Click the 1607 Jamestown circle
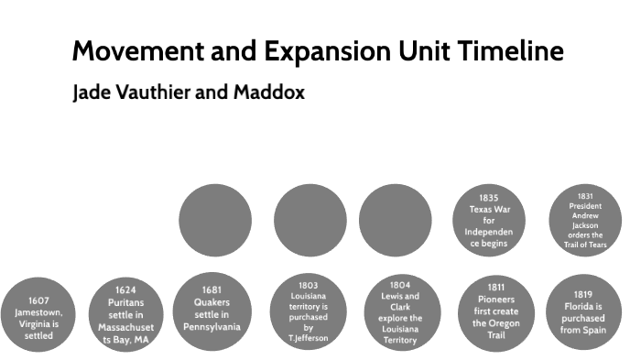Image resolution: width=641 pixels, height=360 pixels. coord(38,317)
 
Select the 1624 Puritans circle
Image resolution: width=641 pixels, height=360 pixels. coord(126,315)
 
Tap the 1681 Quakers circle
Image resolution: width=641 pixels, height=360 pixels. coord(212,309)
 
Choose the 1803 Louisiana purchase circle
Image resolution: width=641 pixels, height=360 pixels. coord(309,311)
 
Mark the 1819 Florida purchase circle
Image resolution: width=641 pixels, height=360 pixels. coord(582,311)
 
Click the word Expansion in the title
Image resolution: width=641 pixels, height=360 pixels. coord(313,51)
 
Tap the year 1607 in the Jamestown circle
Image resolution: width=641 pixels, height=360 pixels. coord(38,300)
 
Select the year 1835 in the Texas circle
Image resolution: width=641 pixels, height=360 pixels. coord(489,197)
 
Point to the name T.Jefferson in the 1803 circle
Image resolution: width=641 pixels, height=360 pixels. coord(309,338)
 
